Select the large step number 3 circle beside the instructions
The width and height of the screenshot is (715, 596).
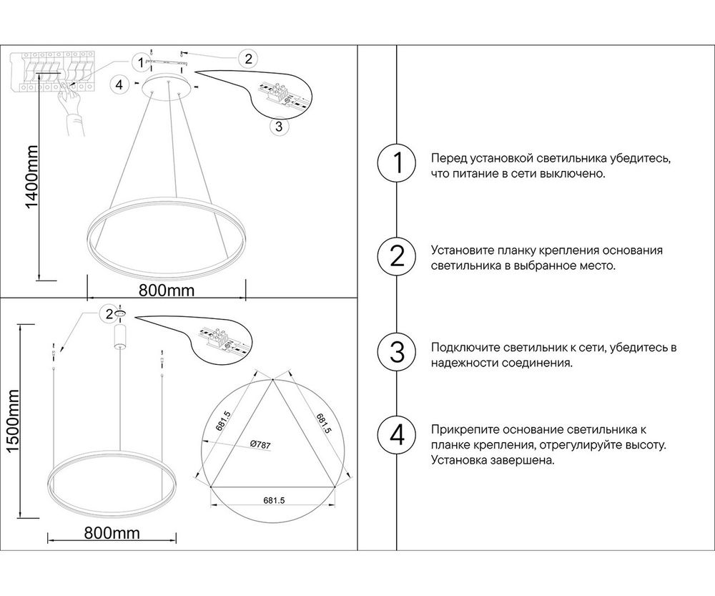[x=396, y=352]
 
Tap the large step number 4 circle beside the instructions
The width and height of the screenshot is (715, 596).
[x=396, y=434]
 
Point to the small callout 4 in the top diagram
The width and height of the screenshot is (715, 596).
[x=120, y=84]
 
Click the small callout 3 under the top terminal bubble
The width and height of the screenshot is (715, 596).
[x=280, y=127]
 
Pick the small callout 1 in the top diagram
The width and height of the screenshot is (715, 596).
[x=142, y=61]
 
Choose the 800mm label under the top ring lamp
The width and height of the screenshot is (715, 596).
[x=166, y=290]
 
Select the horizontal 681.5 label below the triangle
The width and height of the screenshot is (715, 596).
[x=273, y=502]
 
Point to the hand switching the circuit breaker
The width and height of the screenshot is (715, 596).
[x=70, y=105]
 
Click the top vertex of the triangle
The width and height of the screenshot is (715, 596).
[x=272, y=381]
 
